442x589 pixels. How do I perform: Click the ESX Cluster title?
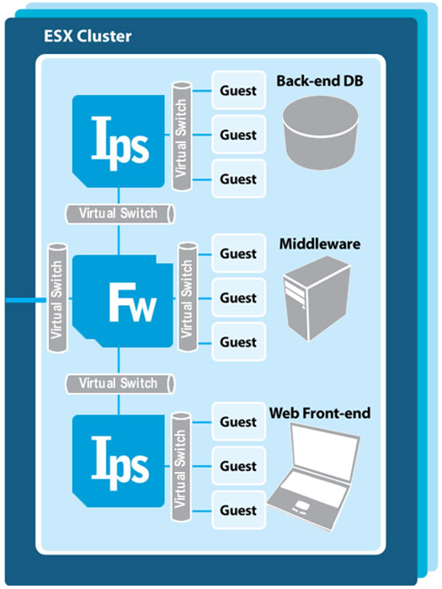pyautogui.click(x=88, y=36)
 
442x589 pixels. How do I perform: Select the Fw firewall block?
pyautogui.click(x=123, y=301)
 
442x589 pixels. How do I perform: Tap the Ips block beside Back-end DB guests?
pyautogui.click(x=119, y=142)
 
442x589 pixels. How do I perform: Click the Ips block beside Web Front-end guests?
pyautogui.click(x=119, y=461)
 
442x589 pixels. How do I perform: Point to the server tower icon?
pyautogui.click(x=317, y=298)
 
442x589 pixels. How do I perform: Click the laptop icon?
pyautogui.click(x=314, y=478)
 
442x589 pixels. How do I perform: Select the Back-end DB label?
pyautogui.click(x=320, y=81)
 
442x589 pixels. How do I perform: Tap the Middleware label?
pyautogui.click(x=320, y=244)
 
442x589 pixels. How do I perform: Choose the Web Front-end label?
pyautogui.click(x=320, y=413)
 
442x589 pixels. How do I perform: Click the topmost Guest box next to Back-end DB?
pyautogui.click(x=238, y=90)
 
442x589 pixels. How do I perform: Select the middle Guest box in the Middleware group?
pyautogui.click(x=238, y=297)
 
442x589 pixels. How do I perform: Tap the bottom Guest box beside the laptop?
pyautogui.click(x=238, y=510)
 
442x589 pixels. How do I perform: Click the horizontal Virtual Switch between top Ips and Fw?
pyautogui.click(x=120, y=214)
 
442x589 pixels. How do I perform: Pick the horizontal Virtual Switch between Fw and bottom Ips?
pyautogui.click(x=120, y=383)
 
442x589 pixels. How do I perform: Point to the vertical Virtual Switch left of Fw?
pyautogui.click(x=58, y=298)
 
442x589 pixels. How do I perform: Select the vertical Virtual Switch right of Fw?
pyautogui.click(x=188, y=297)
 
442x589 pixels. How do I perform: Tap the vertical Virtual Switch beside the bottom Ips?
pyautogui.click(x=182, y=466)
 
